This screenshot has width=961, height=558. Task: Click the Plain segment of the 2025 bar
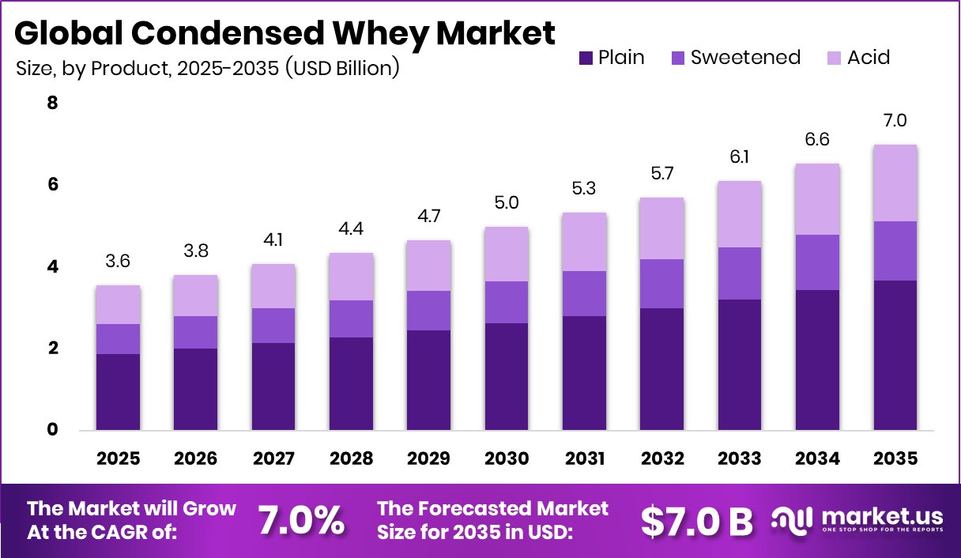119,392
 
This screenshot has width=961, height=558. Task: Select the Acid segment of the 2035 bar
895,183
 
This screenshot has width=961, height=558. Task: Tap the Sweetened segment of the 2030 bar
506,302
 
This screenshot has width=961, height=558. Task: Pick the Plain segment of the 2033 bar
739,364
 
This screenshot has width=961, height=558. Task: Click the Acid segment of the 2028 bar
351,277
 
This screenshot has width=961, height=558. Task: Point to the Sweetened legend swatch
678,58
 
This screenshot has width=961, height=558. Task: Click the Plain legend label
621,58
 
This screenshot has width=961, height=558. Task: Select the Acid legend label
868,58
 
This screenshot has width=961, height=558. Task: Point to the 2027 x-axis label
273,458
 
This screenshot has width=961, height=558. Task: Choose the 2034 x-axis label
817,458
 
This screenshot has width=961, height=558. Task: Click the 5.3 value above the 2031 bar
584,190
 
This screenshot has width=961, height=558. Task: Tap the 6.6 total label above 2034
817,141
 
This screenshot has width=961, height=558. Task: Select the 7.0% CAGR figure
301,520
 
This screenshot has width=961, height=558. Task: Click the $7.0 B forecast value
696,520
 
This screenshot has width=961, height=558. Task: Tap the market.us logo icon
792,519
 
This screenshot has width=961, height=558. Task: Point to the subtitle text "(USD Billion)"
342,69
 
